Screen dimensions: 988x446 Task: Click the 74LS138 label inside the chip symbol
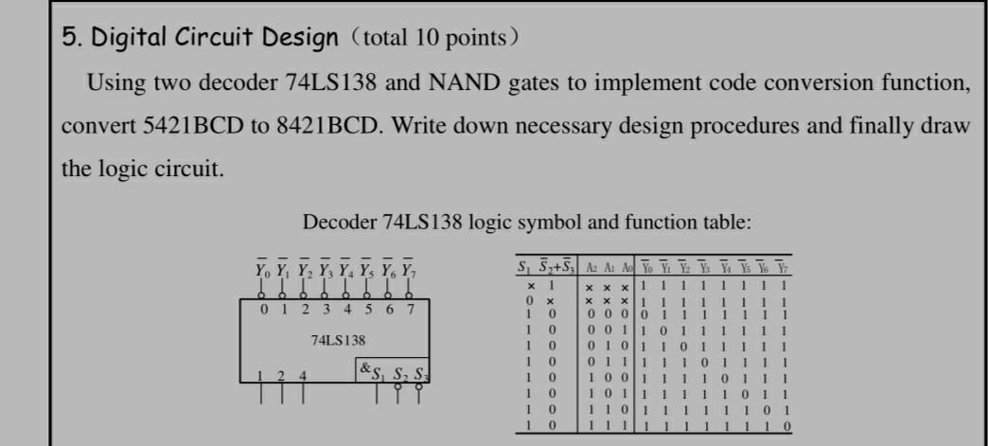click(338, 339)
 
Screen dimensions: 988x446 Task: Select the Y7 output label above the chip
click(408, 270)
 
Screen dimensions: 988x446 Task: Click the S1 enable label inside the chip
click(380, 371)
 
